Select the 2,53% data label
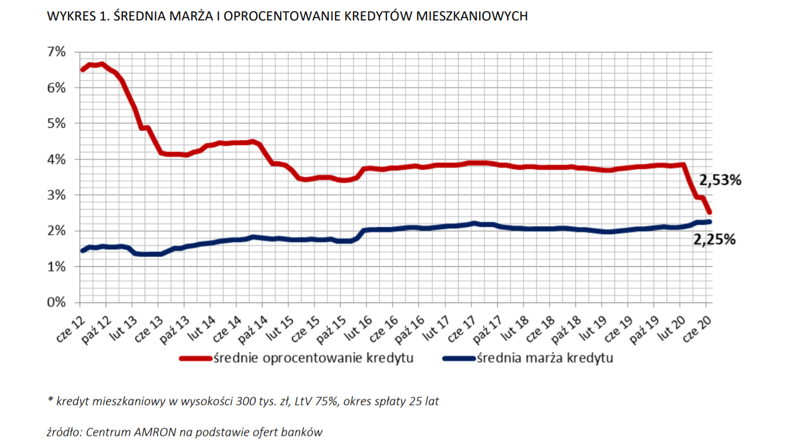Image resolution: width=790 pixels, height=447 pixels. pos(720,180)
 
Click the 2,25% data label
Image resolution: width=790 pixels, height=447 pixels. pos(714,239)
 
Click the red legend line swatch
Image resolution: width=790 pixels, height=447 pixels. pos(196,358)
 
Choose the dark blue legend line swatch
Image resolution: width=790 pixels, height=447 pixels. pos(459,358)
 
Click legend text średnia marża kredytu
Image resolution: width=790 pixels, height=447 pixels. pos(544,358)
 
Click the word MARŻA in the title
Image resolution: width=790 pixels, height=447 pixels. pos(197,16)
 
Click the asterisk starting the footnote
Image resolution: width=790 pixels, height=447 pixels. pos(50,400)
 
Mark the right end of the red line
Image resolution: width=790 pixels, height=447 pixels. pos(709,212)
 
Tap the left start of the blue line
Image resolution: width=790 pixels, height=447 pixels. pos(82,251)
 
